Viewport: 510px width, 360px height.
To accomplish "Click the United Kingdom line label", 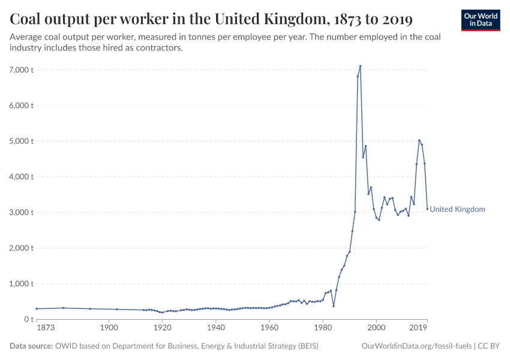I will pos(457,209).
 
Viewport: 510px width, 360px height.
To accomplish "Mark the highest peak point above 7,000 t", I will pos(360,66).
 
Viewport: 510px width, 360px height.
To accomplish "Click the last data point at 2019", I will pos(427,209).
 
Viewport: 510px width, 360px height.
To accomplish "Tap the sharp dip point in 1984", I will pos(334,306).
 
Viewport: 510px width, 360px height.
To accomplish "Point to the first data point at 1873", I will pos(37,308).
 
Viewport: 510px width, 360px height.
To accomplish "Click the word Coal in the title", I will pos(26,20).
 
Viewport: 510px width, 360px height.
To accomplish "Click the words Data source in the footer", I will pos(31,346).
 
